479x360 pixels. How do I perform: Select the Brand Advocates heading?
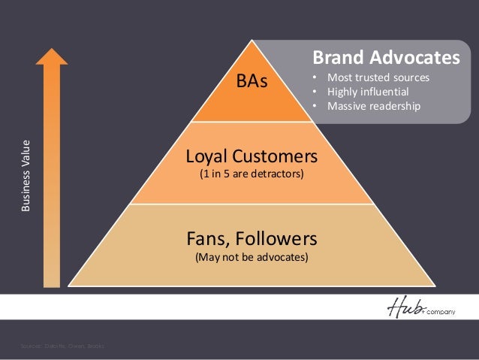point(385,57)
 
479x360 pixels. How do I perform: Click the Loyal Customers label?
point(252,157)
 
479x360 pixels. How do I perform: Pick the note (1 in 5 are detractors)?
point(252,175)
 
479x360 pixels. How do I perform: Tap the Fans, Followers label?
point(252,239)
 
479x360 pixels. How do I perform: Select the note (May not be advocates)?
point(252,257)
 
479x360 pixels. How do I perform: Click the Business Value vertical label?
point(27,174)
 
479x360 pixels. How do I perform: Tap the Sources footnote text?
point(63,346)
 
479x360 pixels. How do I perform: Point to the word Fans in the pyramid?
point(206,239)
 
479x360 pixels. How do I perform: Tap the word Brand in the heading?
point(335,57)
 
